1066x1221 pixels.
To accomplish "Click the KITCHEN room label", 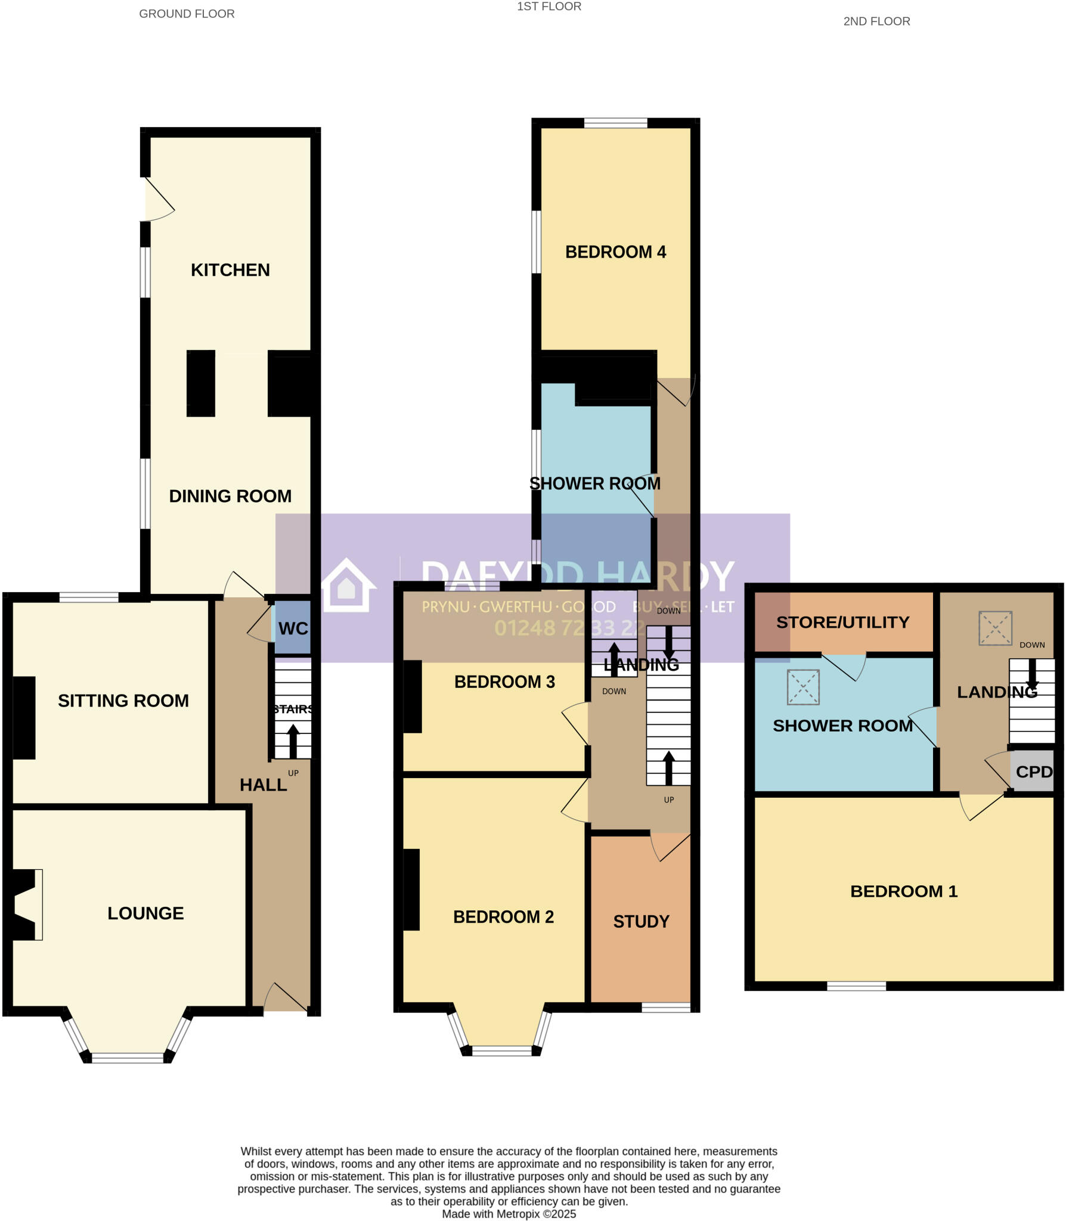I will (230, 270).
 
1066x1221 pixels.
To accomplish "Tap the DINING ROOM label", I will (230, 496).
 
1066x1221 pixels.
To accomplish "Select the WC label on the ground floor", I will (293, 628).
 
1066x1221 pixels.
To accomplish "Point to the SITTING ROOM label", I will (123, 701).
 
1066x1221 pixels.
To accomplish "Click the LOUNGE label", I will (145, 913).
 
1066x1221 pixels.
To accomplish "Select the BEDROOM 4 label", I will (615, 252).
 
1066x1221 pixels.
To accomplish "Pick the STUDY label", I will (641, 922).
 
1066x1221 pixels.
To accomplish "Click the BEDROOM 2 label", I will (503, 917).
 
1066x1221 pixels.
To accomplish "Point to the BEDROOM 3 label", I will (504, 682).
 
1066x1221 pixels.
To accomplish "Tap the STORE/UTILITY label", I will (842, 622).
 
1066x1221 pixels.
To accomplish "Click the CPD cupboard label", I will (1034, 772).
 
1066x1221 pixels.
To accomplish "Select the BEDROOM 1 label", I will (903, 891).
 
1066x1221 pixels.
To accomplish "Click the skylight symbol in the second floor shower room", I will (803, 687).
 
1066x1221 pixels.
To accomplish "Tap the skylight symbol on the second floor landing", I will (995, 628).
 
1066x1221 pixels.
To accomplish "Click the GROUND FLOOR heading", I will (187, 14).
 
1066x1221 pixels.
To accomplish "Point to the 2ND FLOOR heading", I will (876, 21).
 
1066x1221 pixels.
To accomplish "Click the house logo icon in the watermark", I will (347, 586).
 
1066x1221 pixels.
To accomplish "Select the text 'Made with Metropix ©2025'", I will (509, 1214).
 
